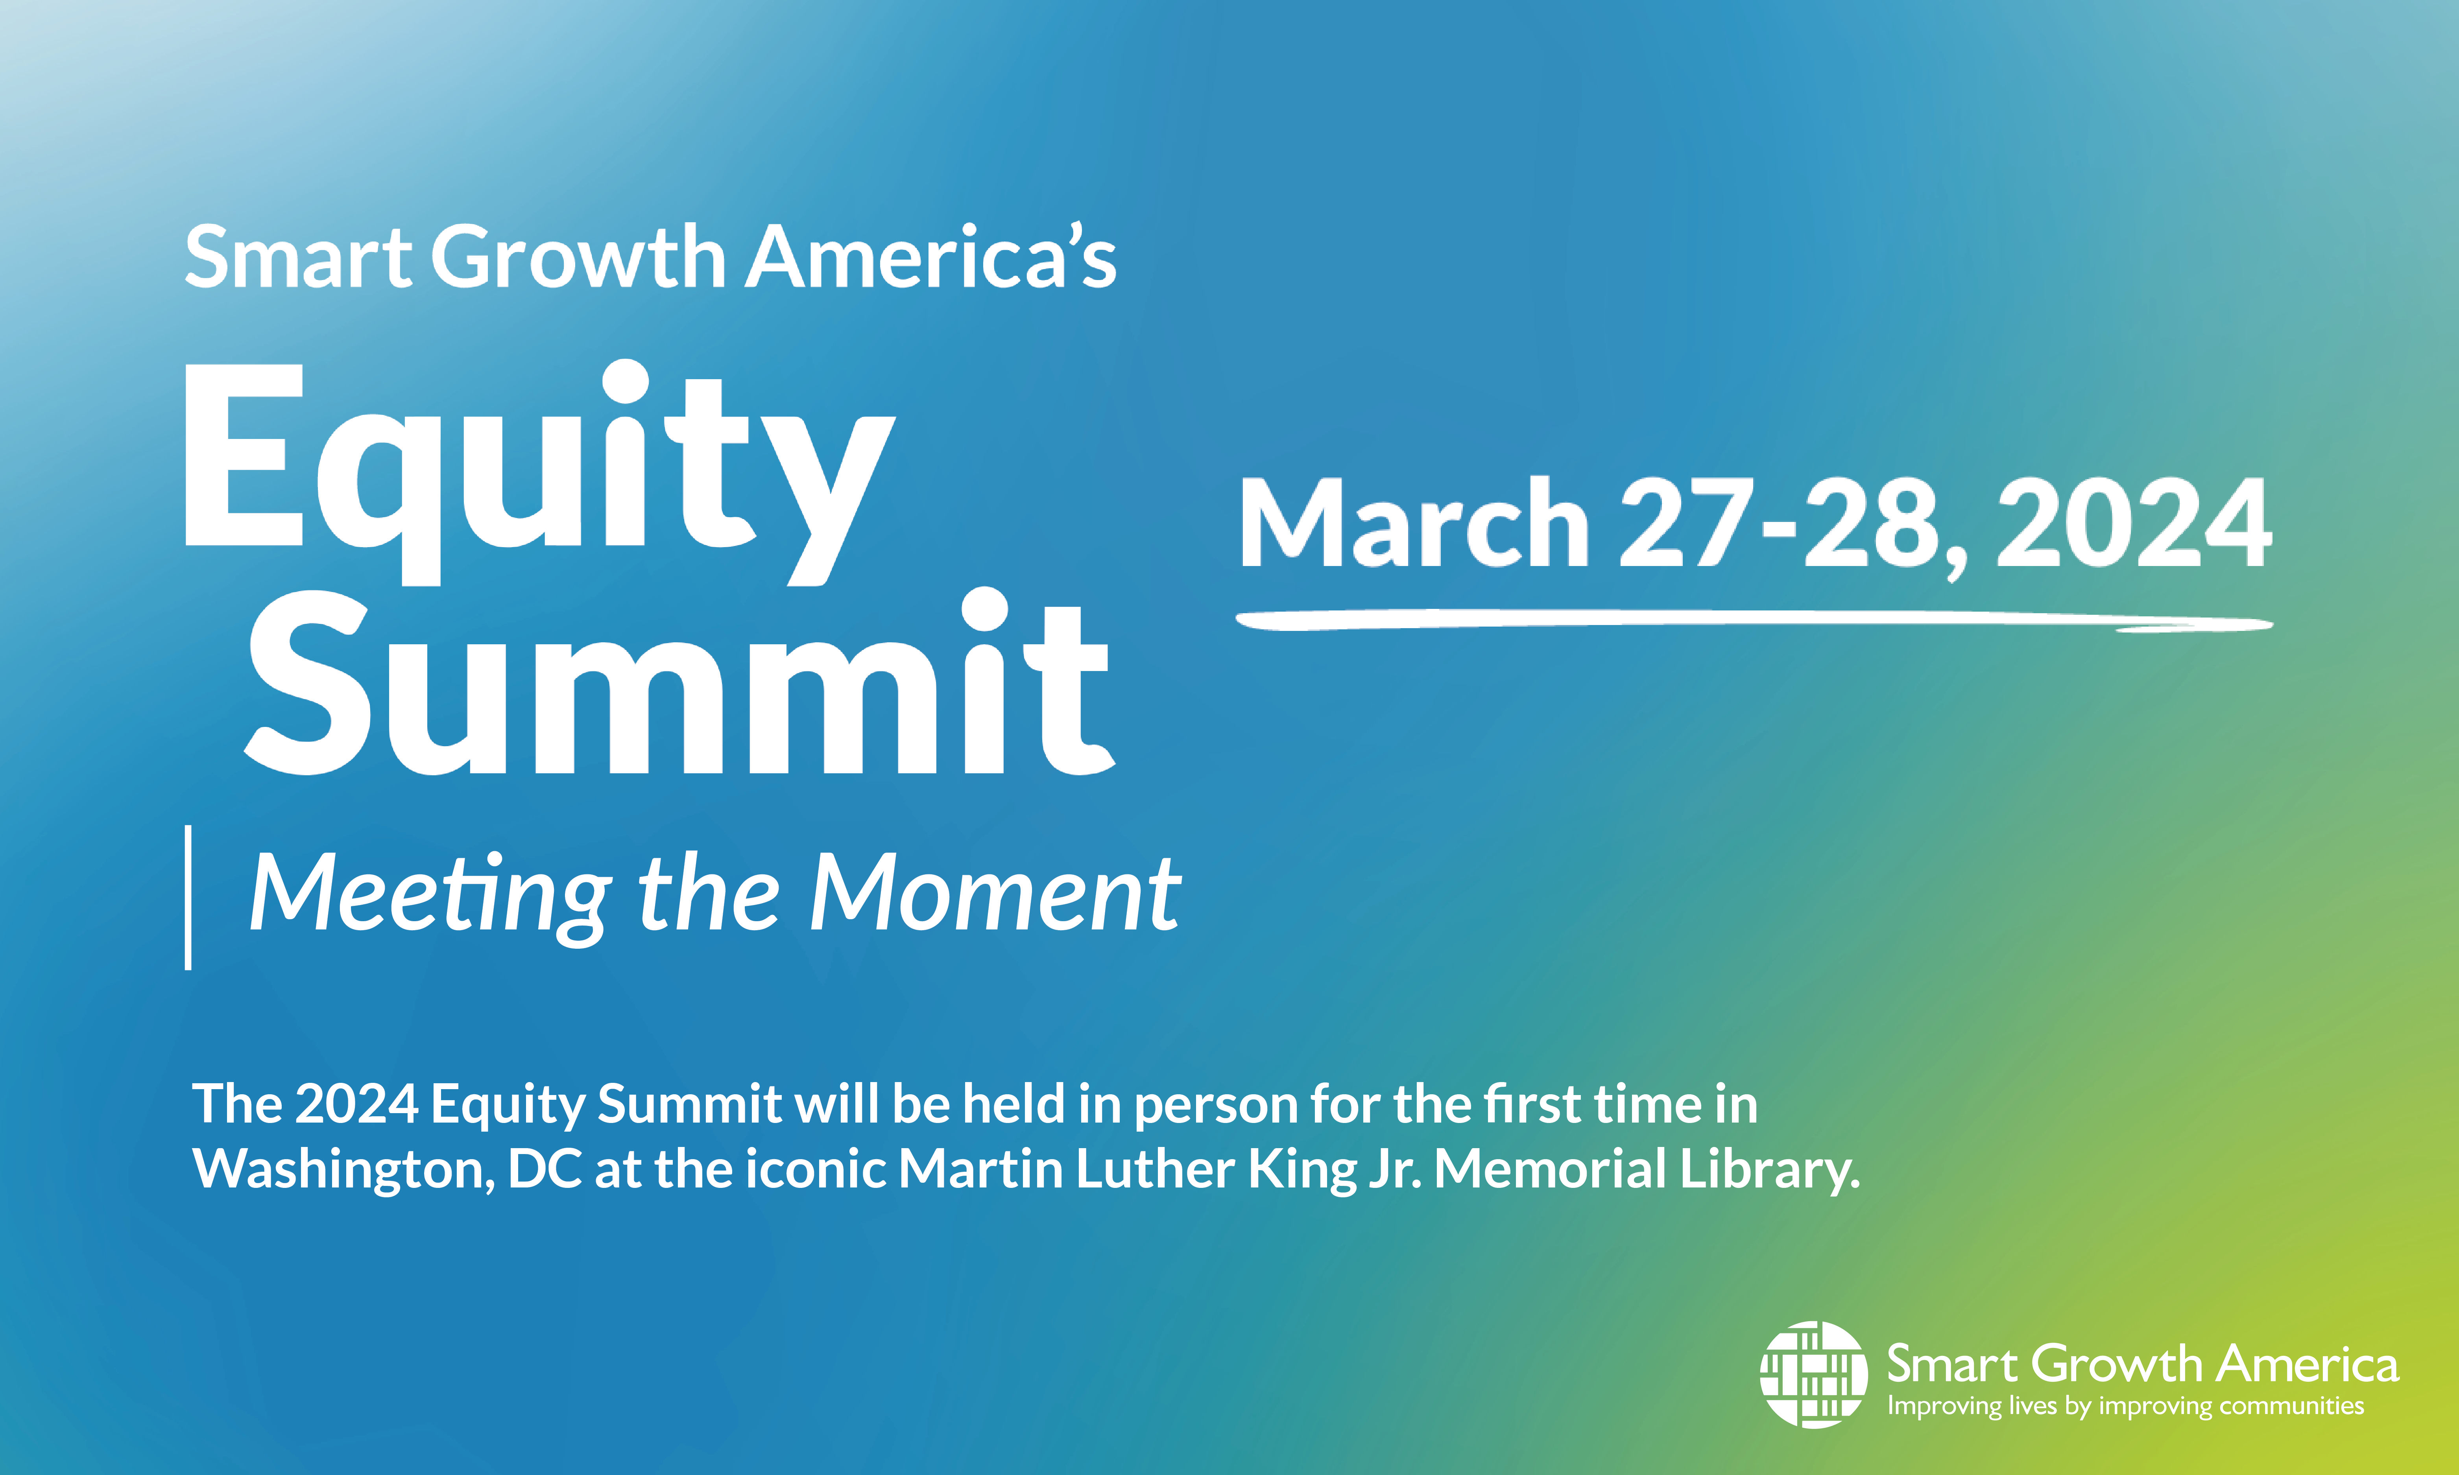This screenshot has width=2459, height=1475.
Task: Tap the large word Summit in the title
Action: (x=681, y=686)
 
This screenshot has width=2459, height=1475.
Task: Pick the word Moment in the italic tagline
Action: (x=994, y=894)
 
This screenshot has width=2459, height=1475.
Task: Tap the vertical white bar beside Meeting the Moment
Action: (x=188, y=896)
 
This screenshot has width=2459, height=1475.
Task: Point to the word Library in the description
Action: (x=1769, y=1169)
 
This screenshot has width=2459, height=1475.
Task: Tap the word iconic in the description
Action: (x=815, y=1169)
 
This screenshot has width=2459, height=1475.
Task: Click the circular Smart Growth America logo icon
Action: (x=1813, y=1375)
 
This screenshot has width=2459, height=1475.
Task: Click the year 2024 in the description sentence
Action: (x=356, y=1105)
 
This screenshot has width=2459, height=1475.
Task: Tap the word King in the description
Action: (x=1302, y=1169)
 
